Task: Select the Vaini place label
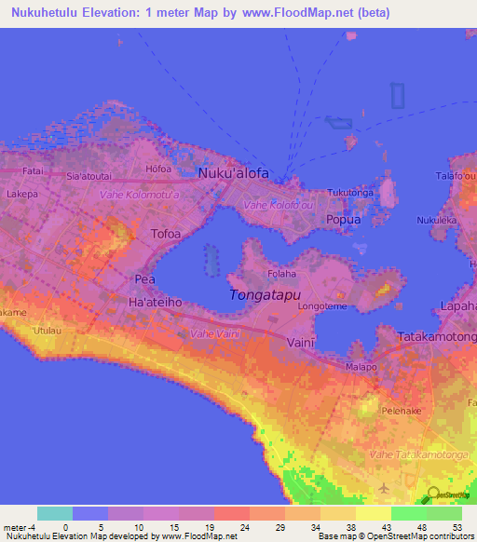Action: (x=302, y=343)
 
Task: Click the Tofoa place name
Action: (x=166, y=233)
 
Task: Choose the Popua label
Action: (x=343, y=220)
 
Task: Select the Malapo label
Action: (x=362, y=367)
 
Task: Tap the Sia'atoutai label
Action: (x=89, y=175)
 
